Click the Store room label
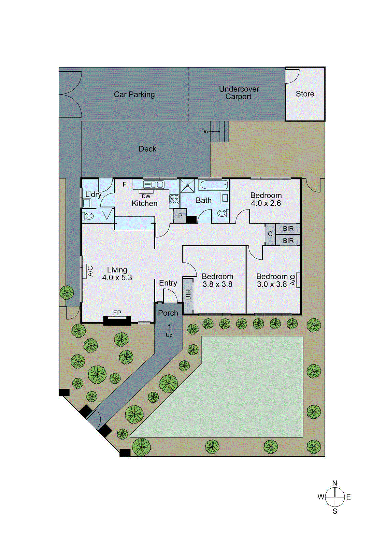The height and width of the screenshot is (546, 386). click(x=305, y=94)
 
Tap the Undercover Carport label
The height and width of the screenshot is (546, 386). click(x=239, y=93)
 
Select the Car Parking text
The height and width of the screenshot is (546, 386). click(x=134, y=95)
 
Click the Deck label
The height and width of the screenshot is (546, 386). click(x=147, y=149)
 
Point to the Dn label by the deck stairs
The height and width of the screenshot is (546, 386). click(x=204, y=131)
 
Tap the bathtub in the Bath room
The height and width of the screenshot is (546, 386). click(x=213, y=185)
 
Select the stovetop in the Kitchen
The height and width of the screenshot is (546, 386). click(x=174, y=199)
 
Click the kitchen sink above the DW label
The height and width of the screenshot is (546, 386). click(x=154, y=185)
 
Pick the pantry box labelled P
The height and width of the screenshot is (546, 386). click(x=180, y=216)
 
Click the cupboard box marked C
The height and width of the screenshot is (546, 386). click(x=270, y=234)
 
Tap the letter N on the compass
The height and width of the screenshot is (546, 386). click(x=334, y=483)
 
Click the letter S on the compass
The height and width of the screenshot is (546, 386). click(x=335, y=511)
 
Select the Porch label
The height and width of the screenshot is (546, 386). click(x=168, y=313)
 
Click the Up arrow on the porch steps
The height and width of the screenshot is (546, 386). click(x=169, y=331)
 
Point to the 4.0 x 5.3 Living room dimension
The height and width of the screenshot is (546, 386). click(x=117, y=278)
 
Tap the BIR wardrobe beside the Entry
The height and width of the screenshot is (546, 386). click(x=188, y=295)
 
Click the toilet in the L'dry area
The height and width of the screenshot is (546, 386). click(x=89, y=216)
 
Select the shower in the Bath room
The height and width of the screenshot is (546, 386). click(x=187, y=186)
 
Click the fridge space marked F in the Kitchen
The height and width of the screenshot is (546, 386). click(x=125, y=184)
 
